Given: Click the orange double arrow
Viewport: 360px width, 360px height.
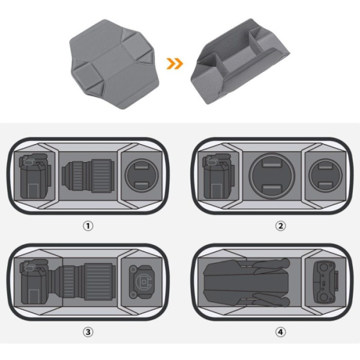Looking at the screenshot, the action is coord(175,64).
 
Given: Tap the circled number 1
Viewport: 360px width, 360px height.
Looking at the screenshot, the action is coord(88,226).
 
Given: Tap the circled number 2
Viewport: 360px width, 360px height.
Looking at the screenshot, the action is coord(280,226).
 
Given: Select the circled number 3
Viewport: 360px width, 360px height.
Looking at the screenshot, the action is coord(88,332).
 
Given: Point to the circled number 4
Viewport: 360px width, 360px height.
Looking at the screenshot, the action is coord(280,332).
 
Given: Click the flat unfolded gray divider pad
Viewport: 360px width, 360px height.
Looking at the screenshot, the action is coord(114,64).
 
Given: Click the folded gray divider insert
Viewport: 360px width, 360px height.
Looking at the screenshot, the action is coord(240,62).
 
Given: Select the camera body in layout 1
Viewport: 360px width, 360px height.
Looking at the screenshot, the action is coord(35,176).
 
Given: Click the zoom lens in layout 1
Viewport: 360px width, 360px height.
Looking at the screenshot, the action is coord(88,176).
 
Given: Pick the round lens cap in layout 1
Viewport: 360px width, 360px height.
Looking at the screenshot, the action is coord(142,175).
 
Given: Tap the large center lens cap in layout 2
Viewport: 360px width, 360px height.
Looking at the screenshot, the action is coord(272,176).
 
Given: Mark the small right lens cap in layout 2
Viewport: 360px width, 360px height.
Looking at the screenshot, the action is coord(326,176).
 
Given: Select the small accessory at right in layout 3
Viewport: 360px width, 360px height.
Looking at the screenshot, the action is coord(141,282).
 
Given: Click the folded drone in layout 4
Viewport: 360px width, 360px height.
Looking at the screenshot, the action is coord(247,283).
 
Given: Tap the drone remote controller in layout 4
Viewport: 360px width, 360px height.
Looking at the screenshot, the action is coord(326,282).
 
